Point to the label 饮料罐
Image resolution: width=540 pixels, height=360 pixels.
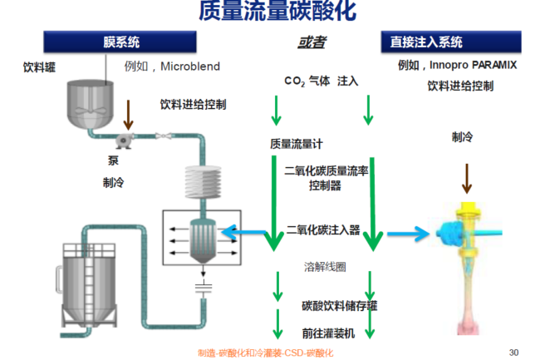click(x=38, y=67)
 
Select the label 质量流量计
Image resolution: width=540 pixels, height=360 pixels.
click(x=291, y=143)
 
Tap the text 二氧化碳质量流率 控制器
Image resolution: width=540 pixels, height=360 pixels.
click(x=323, y=179)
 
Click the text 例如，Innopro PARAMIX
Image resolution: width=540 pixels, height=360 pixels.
click(x=458, y=65)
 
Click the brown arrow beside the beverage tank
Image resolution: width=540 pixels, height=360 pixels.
click(x=127, y=111)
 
